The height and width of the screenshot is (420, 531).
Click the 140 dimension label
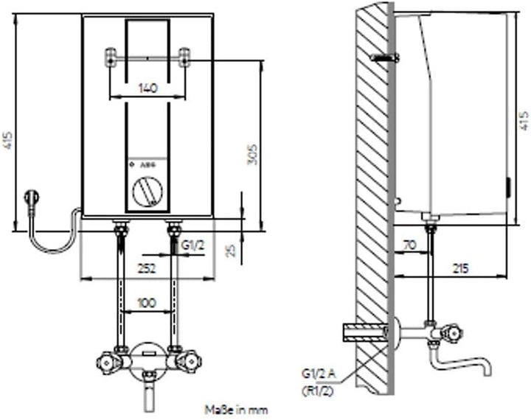pyautogui.click(x=147, y=88)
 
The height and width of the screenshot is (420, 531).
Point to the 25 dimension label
pyautogui.click(x=230, y=251)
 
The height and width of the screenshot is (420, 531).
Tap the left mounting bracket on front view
pyautogui.click(x=111, y=57)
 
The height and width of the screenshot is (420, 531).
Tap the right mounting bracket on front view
pyautogui.click(x=184, y=57)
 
